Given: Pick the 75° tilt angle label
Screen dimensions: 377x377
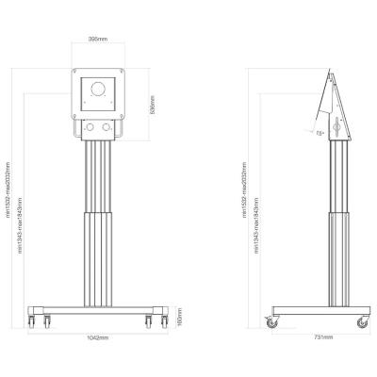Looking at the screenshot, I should (320, 134).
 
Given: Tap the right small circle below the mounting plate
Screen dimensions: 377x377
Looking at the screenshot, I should (107, 127).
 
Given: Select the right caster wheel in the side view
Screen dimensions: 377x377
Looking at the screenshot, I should (361, 321).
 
